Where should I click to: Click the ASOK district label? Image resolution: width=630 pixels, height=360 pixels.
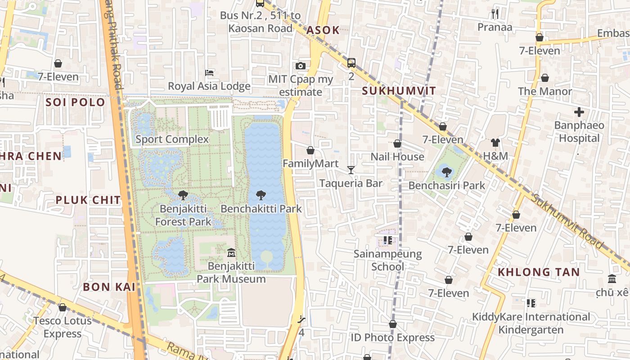click(323, 30)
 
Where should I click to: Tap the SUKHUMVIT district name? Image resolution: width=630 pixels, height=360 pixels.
click(399, 91)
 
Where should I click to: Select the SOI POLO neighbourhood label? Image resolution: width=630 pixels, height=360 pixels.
click(75, 102)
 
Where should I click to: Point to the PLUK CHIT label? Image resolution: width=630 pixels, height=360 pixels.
click(88, 200)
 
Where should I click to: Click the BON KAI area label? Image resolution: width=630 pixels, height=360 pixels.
click(109, 287)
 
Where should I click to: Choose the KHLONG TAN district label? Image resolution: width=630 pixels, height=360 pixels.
click(539, 272)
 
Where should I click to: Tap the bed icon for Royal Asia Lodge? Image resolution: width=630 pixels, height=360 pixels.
click(209, 73)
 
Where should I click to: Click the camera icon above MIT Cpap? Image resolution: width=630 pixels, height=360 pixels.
click(301, 66)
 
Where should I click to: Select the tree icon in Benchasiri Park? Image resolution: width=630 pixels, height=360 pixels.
click(446, 172)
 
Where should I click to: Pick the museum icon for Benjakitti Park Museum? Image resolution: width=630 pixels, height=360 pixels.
click(231, 253)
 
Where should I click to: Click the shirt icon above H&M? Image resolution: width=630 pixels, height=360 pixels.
click(495, 143)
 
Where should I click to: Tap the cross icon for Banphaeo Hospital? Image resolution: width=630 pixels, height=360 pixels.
click(579, 112)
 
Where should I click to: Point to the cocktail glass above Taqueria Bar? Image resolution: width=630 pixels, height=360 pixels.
click(351, 170)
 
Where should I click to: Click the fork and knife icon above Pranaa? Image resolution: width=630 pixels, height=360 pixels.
click(495, 14)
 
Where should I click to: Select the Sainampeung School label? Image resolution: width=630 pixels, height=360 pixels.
click(387, 260)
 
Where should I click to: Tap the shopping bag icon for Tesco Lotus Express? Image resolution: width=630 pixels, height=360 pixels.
click(63, 307)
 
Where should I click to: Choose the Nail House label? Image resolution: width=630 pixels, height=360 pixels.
click(397, 157)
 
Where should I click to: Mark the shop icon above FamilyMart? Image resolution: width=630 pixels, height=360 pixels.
click(310, 150)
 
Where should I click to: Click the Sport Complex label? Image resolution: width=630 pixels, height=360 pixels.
click(172, 139)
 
